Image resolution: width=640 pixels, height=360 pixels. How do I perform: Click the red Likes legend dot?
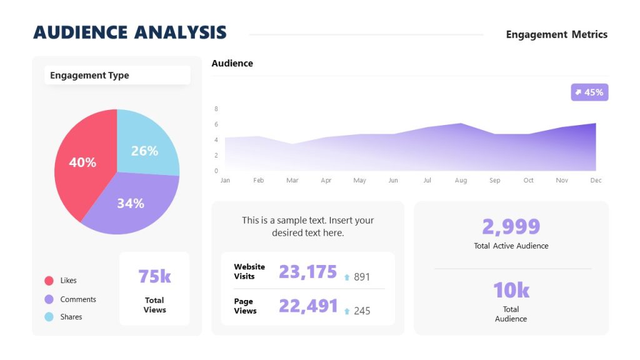(49, 281)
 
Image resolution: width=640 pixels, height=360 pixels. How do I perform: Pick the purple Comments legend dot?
(49, 299)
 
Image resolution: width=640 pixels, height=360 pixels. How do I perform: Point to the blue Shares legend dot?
(49, 317)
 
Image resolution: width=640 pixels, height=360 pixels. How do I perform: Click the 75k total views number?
(154, 276)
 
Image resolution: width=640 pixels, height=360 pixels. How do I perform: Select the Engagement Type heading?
(89, 76)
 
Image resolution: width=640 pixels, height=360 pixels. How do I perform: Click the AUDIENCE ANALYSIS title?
(130, 32)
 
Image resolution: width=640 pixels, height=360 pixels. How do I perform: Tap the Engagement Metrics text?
(556, 34)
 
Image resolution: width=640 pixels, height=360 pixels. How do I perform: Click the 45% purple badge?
(589, 92)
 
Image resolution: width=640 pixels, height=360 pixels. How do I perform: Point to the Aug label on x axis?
(461, 181)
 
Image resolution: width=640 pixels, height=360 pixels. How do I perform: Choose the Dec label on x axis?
(596, 181)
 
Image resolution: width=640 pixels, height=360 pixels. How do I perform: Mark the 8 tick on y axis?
(216, 109)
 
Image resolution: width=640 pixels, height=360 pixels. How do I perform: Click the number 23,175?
(307, 272)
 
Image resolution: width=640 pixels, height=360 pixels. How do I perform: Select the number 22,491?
(307, 306)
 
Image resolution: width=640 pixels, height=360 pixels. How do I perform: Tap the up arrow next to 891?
(347, 277)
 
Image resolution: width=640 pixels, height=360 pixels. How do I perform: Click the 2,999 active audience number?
(511, 226)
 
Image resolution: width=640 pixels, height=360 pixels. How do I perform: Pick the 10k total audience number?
(511, 290)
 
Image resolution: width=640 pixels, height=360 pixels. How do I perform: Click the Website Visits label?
(249, 271)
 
